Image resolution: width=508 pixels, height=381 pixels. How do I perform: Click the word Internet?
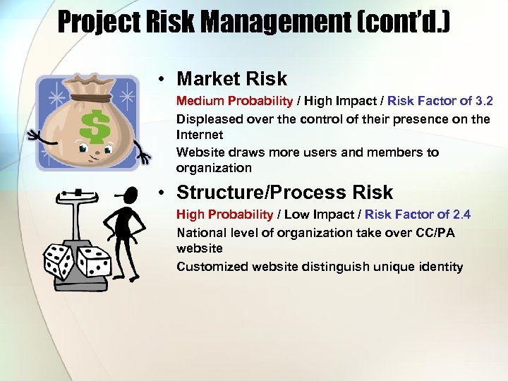(x=200, y=134)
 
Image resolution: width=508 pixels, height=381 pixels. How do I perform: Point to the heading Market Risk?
(x=232, y=78)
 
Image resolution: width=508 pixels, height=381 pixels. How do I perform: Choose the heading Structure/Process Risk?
(x=285, y=192)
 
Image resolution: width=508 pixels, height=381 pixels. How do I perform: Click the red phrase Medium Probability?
(x=234, y=102)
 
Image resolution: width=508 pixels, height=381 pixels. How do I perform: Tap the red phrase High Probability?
(x=224, y=214)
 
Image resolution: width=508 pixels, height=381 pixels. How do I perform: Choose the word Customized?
(x=210, y=267)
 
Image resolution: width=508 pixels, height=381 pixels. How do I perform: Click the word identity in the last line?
(x=440, y=267)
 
